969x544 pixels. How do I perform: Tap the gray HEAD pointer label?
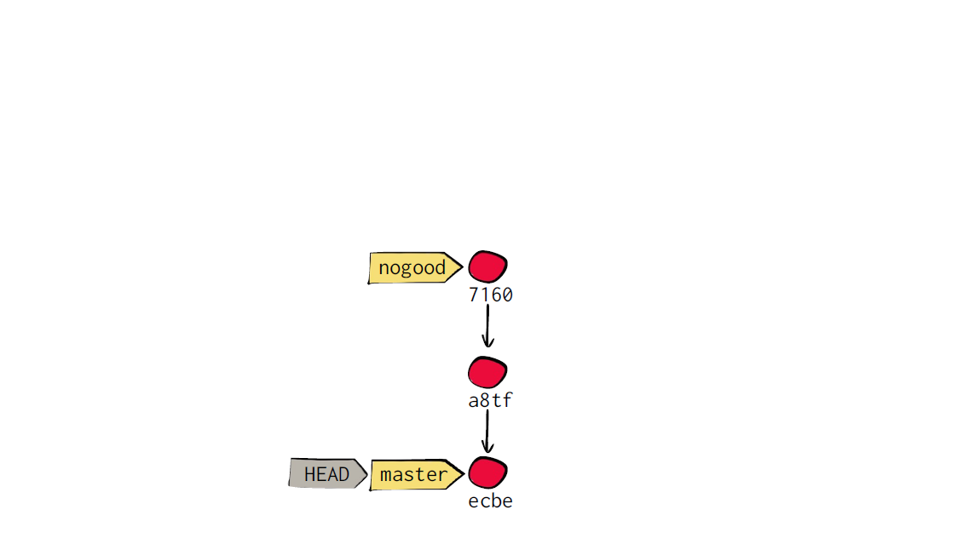[327, 474]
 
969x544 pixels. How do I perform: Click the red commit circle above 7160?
[487, 266]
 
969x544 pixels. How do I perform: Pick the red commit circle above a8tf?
[487, 372]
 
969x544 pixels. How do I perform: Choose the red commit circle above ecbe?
[487, 473]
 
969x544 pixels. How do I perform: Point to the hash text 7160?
[491, 295]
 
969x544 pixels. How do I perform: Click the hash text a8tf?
[491, 401]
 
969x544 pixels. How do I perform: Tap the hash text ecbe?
[491, 501]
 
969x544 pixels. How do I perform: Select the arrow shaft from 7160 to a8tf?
[487, 325]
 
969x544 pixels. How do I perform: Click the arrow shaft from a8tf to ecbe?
[487, 431]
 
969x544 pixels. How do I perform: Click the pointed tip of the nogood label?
[462, 267]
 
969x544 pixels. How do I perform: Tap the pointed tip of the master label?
[464, 474]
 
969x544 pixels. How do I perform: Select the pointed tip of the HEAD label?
[367, 474]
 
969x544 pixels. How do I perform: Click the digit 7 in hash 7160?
[473, 295]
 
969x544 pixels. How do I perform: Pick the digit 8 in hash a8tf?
[484, 401]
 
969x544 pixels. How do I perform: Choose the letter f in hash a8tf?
[507, 401]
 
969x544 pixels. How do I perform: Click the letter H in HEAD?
[309, 474]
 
